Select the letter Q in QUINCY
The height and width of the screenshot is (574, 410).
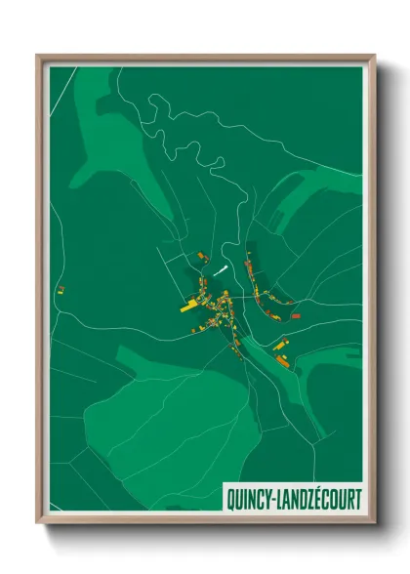[231, 498]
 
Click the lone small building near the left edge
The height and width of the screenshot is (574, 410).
[61, 289]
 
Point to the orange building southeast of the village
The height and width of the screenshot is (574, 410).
[282, 360]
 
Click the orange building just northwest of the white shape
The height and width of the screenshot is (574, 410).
[202, 256]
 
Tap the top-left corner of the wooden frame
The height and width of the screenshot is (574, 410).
[39, 57]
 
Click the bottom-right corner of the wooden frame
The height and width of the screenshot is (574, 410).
[373, 521]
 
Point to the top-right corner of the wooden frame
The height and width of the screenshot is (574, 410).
[373, 57]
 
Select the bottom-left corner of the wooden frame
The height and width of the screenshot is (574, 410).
[39, 521]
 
